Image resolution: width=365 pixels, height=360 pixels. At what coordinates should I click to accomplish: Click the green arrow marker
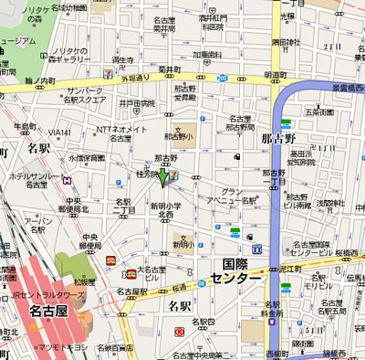[164, 176]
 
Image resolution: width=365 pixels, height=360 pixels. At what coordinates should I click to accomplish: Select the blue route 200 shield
[222, 79]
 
